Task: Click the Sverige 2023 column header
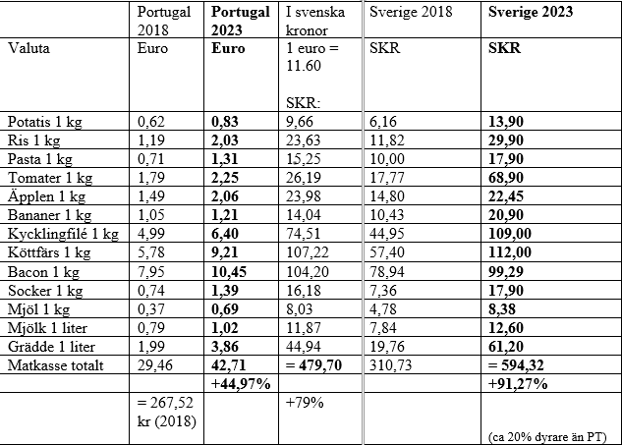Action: click(x=531, y=12)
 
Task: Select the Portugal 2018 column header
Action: click(x=164, y=21)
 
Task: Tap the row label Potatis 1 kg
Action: click(x=45, y=122)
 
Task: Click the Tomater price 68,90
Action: click(x=506, y=177)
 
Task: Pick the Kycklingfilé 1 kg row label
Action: click(x=63, y=234)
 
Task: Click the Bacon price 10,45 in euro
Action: click(x=229, y=272)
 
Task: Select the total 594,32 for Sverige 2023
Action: click(x=516, y=364)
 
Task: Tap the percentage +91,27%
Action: click(x=518, y=384)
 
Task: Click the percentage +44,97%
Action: click(x=241, y=384)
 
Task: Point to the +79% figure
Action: click(x=305, y=403)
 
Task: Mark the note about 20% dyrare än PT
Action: click(x=547, y=437)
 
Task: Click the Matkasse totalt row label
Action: click(x=56, y=365)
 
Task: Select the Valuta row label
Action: click(x=28, y=48)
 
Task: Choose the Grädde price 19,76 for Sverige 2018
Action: click(x=387, y=347)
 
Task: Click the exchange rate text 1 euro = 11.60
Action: click(x=312, y=57)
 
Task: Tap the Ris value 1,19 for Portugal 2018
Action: click(x=151, y=140)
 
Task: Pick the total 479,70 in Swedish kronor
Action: click(x=313, y=364)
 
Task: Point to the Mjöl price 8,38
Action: click(x=502, y=309)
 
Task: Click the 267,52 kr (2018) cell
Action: click(x=167, y=412)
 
